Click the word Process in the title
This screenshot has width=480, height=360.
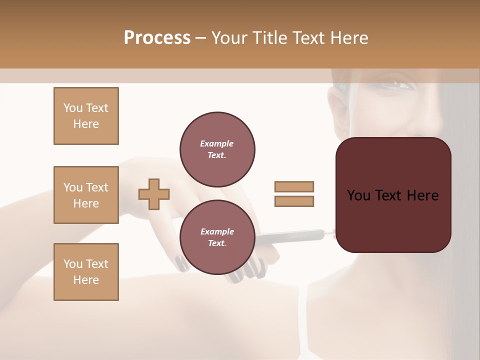157,38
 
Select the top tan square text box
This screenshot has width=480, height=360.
86,116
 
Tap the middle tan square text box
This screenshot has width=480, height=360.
86,195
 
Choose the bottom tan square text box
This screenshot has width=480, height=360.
86,272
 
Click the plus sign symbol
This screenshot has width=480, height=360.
154,194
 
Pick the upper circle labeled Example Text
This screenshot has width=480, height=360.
217,149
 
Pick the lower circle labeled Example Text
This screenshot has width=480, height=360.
217,237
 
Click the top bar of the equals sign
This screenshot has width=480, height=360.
294,186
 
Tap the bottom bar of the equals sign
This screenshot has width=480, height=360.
294,201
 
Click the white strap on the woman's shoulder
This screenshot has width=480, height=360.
303,320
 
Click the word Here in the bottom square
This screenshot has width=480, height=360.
86,280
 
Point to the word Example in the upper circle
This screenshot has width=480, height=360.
217,143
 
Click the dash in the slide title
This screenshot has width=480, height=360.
201,38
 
